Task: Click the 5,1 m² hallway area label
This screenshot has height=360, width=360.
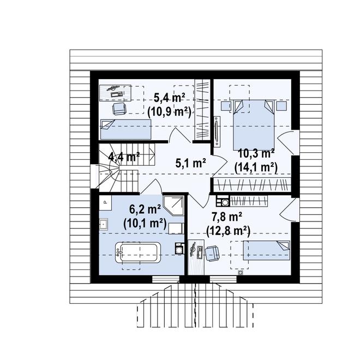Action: [190, 163]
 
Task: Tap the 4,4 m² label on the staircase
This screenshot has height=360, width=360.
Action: [124, 157]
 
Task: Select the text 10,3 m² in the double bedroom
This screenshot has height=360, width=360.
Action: [256, 154]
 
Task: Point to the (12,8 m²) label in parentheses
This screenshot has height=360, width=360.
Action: [228, 231]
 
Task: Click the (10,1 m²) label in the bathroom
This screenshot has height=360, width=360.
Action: [145, 224]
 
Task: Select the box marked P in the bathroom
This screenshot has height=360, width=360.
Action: [105, 202]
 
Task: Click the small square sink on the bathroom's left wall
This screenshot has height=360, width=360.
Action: [104, 224]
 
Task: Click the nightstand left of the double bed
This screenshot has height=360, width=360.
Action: [225, 106]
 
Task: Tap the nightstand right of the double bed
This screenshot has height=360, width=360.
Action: [281, 106]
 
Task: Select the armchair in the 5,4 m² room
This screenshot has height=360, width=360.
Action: [119, 109]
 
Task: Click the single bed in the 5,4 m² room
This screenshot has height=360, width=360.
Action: [125, 129]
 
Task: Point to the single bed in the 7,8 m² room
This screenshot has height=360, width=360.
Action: [267, 250]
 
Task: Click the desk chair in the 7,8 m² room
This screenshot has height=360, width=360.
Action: [212, 253]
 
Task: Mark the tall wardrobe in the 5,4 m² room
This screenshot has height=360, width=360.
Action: [202, 109]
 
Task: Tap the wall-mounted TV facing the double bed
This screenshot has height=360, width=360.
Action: [217, 131]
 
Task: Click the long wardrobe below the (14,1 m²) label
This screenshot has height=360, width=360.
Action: [253, 184]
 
